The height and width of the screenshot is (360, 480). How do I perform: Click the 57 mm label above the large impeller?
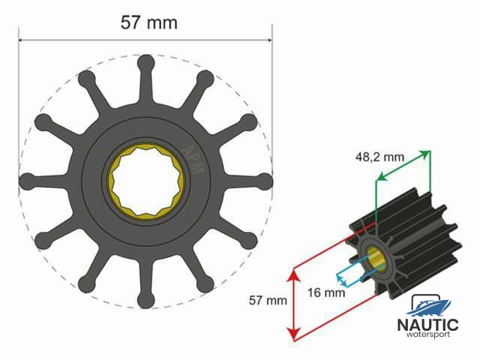point(149,22)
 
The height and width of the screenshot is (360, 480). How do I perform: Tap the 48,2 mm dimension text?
point(379,157)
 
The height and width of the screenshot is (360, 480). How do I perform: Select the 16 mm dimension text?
point(326,292)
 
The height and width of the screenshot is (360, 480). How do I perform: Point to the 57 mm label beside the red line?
point(268,300)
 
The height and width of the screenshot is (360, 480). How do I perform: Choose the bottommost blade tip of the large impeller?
point(145,301)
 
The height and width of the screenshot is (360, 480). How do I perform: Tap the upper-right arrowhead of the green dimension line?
point(428,154)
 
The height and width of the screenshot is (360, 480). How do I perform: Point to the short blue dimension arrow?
point(340,279)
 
